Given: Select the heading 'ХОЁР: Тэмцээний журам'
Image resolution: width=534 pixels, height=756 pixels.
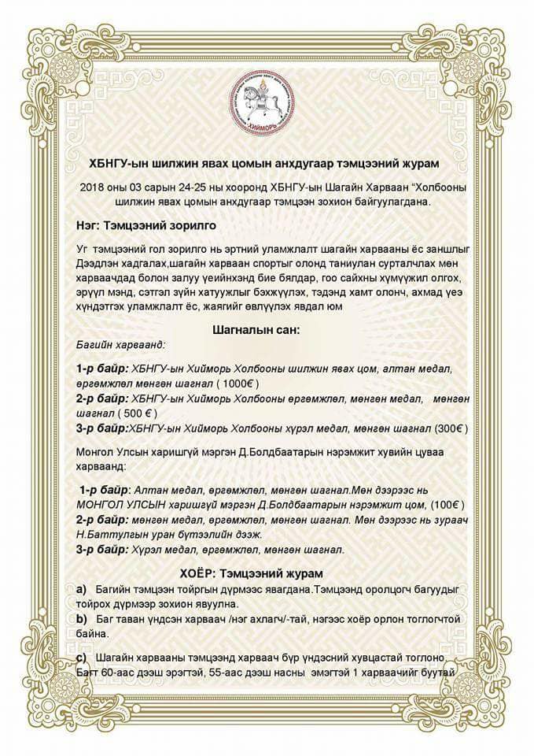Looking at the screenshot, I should tap(267, 573).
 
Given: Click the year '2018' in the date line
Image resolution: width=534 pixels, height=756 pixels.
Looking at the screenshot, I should tap(93, 187).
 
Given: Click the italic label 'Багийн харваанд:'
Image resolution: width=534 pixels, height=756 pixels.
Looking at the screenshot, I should tap(115, 345).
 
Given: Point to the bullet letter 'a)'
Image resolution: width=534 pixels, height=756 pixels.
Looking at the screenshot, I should tap(81, 589).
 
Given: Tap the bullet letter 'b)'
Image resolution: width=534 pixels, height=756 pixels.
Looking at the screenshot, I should tap(81, 619).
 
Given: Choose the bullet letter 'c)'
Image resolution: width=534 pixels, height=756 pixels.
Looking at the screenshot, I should tap(81, 657).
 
